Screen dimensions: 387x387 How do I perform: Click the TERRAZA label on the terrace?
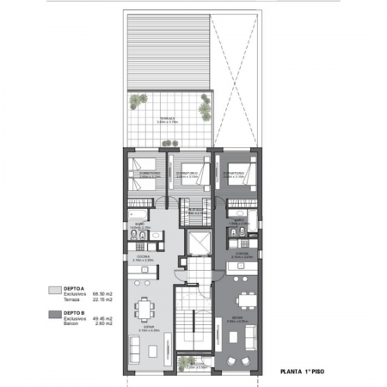point(167,119)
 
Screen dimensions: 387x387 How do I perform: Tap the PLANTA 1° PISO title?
point(304,373)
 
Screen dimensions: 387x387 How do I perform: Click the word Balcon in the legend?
point(70,324)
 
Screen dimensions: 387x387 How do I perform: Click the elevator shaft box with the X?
point(197,243)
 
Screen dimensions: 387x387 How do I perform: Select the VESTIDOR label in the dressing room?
point(197,209)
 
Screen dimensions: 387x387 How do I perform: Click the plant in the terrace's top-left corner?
point(138,101)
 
